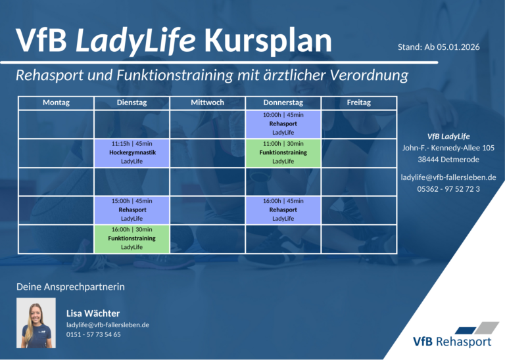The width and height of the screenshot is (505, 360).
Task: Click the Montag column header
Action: [x=56, y=102]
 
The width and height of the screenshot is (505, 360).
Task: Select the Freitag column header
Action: [x=359, y=102]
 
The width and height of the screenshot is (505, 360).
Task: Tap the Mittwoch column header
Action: [x=207, y=102]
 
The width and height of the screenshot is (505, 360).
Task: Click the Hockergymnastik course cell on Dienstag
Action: [x=132, y=153]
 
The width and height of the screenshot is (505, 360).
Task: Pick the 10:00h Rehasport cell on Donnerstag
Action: [x=283, y=124]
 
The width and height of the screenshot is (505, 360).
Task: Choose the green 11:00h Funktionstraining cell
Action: [x=283, y=153]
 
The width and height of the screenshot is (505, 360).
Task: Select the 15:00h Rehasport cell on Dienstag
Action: [x=132, y=210]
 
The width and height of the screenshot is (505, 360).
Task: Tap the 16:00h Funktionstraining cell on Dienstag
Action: [x=132, y=238]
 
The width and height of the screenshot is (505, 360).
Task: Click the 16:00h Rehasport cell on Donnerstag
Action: [x=283, y=210]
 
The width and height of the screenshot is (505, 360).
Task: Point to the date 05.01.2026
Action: [x=458, y=47]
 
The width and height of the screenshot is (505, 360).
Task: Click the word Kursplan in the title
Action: [x=268, y=41]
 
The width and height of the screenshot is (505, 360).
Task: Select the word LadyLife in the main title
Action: [x=135, y=41]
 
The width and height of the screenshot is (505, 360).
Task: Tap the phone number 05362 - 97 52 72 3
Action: [x=448, y=189]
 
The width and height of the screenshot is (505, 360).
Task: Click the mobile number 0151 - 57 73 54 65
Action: [x=93, y=334]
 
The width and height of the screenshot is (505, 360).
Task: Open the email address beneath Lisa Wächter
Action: [x=108, y=325]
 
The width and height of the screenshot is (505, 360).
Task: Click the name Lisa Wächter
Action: [x=93, y=313]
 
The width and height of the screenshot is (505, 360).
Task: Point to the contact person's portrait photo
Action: [x=36, y=323]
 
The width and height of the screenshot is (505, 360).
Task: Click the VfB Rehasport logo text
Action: [x=452, y=342]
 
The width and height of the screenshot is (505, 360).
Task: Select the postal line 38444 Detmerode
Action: [x=448, y=160]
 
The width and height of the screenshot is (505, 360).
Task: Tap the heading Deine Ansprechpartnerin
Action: [x=70, y=287]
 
